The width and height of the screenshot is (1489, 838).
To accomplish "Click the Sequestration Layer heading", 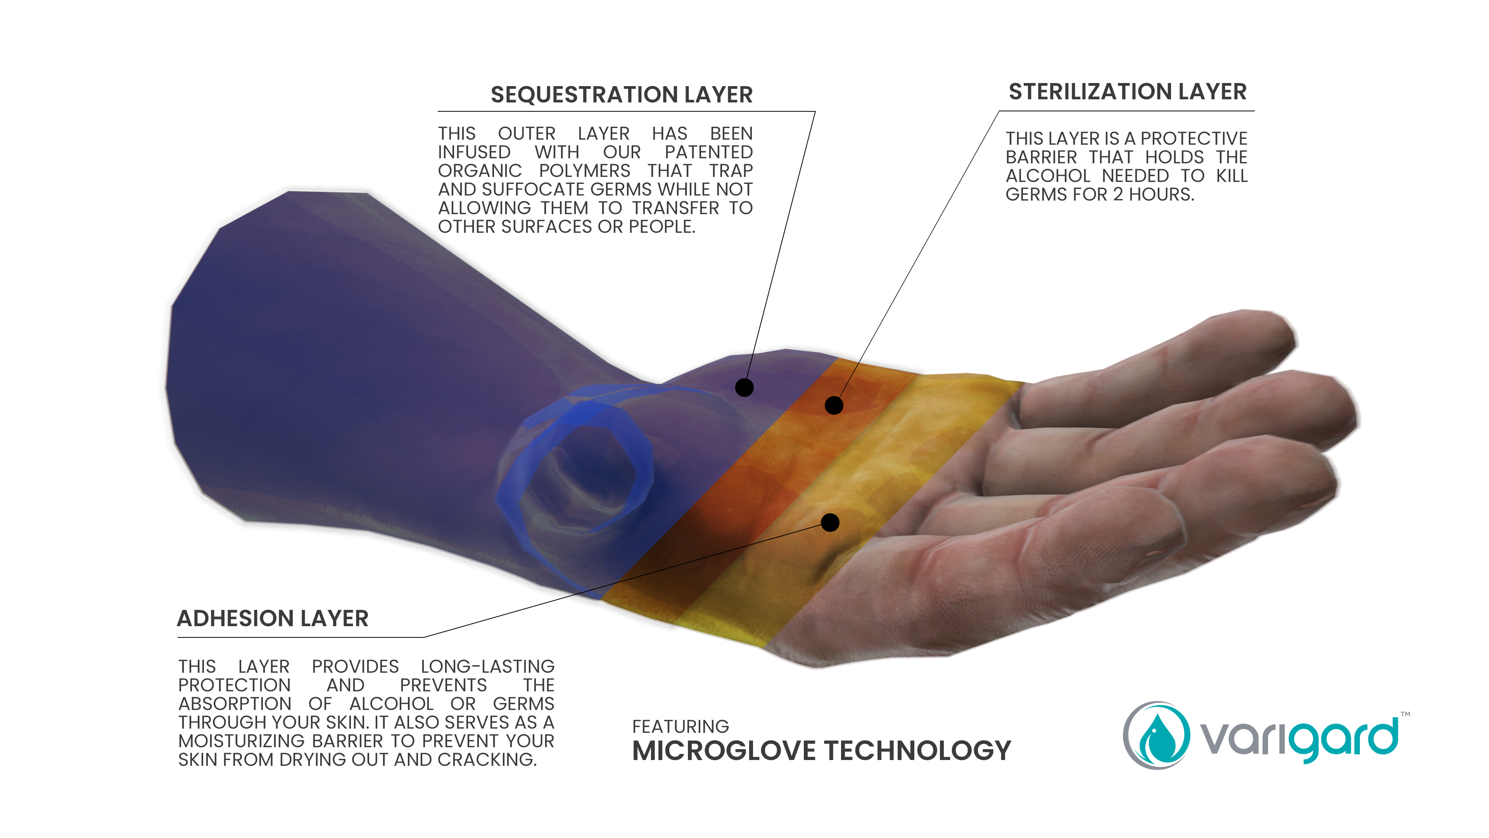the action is [621, 95].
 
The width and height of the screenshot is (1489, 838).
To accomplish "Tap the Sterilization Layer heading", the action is [1127, 92].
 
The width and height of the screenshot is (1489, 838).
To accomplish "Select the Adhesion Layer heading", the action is [272, 618].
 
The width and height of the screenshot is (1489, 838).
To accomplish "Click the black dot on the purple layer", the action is [744, 388].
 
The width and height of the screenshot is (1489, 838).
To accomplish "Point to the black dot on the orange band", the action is [834, 405].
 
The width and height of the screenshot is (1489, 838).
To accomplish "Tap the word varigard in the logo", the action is [1299, 739].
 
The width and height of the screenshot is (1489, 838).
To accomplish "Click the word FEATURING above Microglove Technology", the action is [681, 726].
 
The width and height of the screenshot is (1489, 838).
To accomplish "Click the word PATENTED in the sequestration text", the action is [709, 152].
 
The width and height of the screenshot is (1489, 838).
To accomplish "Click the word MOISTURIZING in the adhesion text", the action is [241, 741].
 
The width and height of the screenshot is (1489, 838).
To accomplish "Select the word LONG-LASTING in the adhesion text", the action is [487, 666].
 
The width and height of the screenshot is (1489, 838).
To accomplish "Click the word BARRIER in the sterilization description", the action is [1041, 157].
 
